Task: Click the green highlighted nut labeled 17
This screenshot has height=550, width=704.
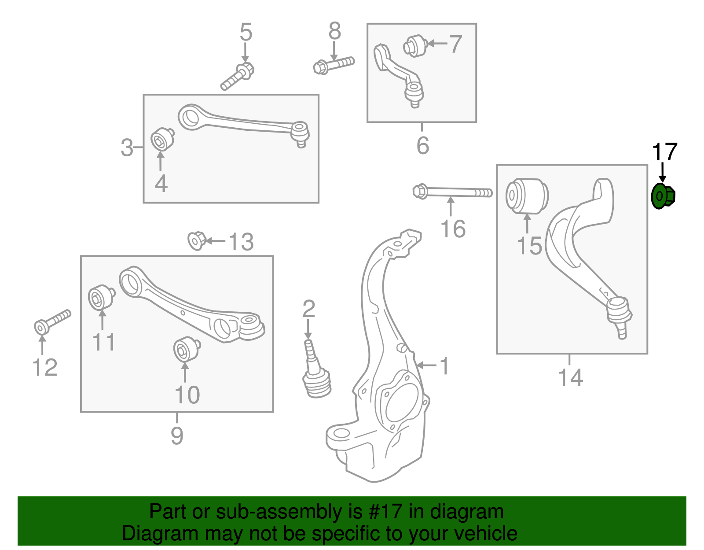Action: click(x=663, y=197)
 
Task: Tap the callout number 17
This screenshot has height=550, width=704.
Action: click(x=664, y=152)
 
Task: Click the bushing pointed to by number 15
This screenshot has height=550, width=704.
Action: click(x=527, y=196)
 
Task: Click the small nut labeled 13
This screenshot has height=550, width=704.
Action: click(x=196, y=240)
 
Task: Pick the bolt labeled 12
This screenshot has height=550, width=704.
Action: click(x=52, y=322)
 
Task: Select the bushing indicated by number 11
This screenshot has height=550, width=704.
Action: click(x=101, y=298)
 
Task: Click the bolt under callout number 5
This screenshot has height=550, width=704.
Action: click(x=238, y=76)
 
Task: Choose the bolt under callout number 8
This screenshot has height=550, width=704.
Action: click(x=334, y=65)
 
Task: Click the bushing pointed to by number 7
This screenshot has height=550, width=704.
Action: click(x=415, y=46)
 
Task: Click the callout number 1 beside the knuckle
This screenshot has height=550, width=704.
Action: click(x=445, y=365)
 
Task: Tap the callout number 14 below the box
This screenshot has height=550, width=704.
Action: click(x=570, y=377)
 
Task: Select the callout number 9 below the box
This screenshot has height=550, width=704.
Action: click(x=177, y=435)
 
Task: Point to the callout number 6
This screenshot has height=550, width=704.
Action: click(x=422, y=145)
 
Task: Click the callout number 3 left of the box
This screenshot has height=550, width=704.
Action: click(x=127, y=148)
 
